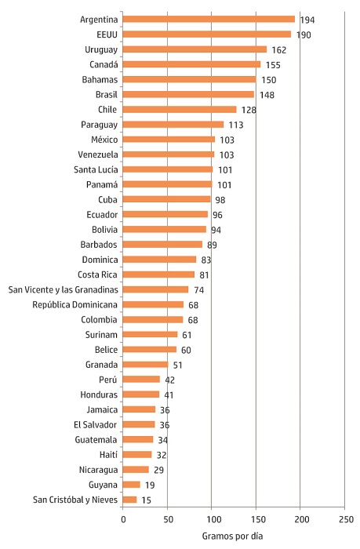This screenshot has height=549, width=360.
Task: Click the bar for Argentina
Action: coord(209,19)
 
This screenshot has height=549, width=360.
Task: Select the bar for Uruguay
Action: coord(195,49)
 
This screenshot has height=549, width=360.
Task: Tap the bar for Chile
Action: coord(180,109)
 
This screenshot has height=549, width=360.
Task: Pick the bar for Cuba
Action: coord(166,199)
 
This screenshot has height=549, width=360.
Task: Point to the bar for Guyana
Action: coord(132,485)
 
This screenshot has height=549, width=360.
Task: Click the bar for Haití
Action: coord(137,454)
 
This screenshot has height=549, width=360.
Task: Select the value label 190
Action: coord(304,34)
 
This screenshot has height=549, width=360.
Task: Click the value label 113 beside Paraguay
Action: coord(235,124)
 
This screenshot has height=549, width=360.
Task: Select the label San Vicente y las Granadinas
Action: coord(63,289)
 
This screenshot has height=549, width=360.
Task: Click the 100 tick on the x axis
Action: coord(212,519)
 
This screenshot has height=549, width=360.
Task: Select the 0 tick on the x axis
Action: coord(123,519)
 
